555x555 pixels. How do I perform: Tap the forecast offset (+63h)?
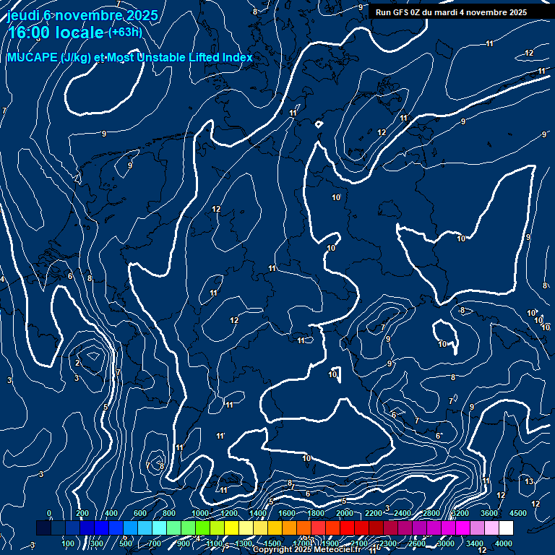point(124,33)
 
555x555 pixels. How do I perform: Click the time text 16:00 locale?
point(56,33)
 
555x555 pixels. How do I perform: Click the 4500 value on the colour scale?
point(518,513)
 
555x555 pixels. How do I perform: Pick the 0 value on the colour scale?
point(49,513)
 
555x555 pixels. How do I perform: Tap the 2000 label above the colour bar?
point(345,513)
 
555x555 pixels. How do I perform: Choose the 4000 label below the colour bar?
point(504,543)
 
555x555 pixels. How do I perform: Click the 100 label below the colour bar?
point(69,543)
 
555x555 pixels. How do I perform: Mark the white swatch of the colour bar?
point(506,528)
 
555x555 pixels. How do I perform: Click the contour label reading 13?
point(529,481)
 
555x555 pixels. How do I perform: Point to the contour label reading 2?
point(77,363)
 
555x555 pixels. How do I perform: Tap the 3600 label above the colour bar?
point(489,513)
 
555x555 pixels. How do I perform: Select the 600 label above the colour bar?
point(140,513)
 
